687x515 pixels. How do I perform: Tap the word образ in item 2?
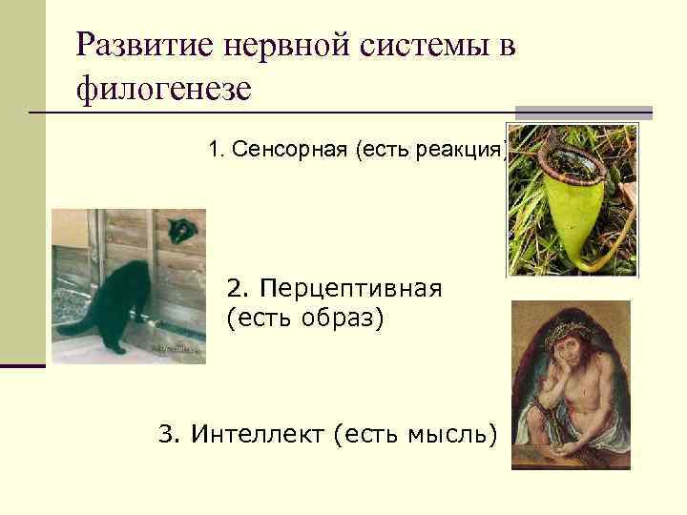coord(344,317)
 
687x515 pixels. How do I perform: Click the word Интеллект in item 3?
coord(259,436)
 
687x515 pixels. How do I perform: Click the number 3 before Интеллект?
coord(168,436)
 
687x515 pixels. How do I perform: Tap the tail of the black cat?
coord(75,324)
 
